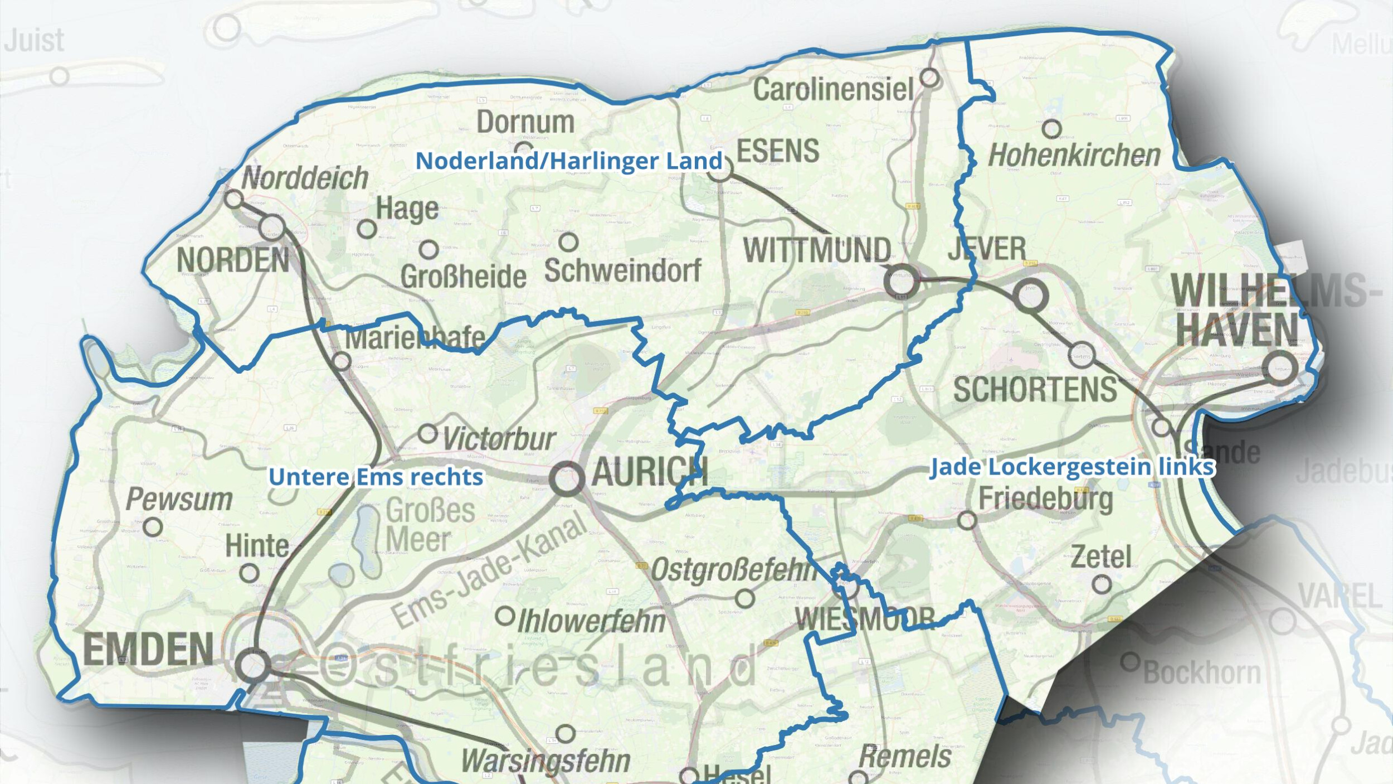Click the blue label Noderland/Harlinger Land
(569, 161)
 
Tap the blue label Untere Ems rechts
(376, 477)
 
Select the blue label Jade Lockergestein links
(1071, 467)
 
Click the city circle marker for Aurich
(567, 478)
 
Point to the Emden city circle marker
(253, 665)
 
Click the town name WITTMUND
(817, 250)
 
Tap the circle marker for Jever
(1030, 296)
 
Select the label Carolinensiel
(833, 90)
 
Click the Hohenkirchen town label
(1074, 156)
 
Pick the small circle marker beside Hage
(367, 229)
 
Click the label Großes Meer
(430, 525)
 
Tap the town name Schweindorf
(622, 270)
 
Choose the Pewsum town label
(179, 499)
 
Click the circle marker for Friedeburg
(967, 520)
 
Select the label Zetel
(1100, 556)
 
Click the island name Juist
(35, 41)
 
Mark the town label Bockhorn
(1202, 672)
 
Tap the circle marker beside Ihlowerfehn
(505, 616)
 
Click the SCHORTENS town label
(1035, 389)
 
